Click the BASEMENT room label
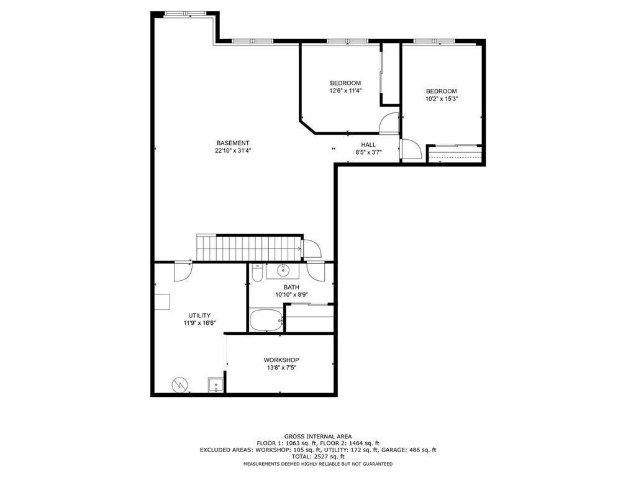(x=233, y=143)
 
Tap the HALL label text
(x=368, y=145)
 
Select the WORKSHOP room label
(x=281, y=360)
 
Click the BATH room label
(x=291, y=287)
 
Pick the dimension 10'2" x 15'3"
(x=442, y=99)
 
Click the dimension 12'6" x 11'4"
(x=345, y=91)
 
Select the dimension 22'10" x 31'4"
(x=233, y=151)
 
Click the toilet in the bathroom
(x=257, y=273)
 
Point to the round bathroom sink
(x=283, y=270)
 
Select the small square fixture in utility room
(x=216, y=385)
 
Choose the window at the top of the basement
(x=186, y=13)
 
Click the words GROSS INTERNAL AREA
(x=317, y=437)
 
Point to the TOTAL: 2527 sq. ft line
(x=317, y=457)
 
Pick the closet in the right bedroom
(x=455, y=153)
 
